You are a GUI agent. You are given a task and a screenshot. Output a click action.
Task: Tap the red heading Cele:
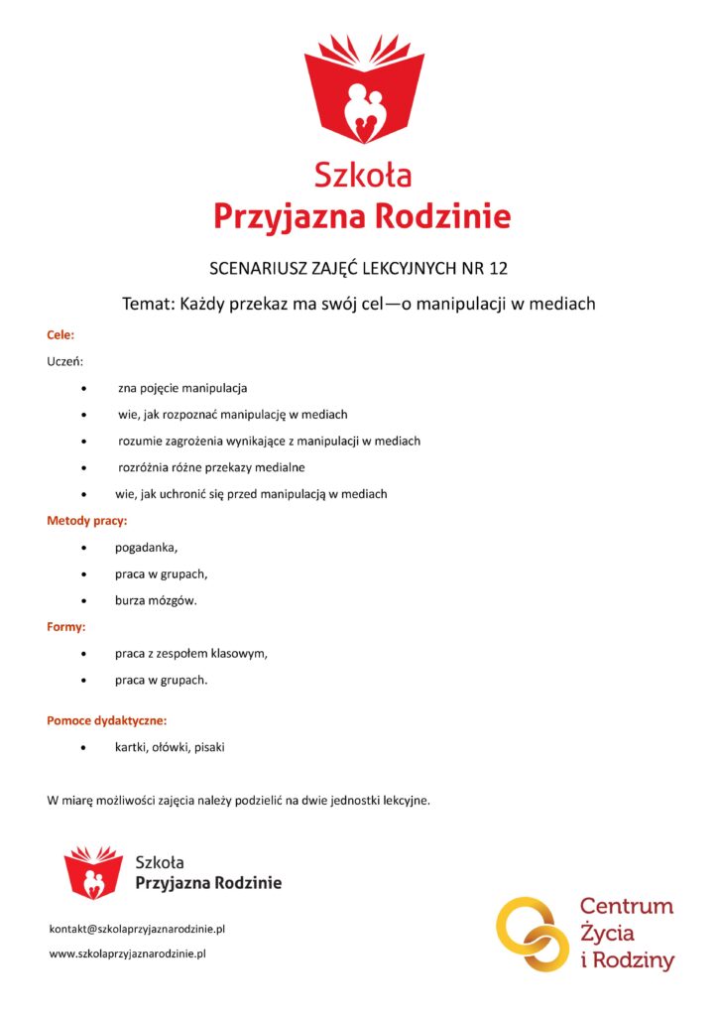click(x=60, y=336)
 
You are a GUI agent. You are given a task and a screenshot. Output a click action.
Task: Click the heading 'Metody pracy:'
click(x=87, y=520)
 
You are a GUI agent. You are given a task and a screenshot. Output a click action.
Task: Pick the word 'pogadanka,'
click(x=147, y=547)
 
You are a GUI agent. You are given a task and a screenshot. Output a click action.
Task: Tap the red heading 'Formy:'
click(x=66, y=627)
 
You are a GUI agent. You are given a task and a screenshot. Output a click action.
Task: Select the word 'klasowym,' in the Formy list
click(x=239, y=654)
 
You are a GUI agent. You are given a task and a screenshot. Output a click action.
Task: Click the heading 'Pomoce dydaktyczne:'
click(x=107, y=720)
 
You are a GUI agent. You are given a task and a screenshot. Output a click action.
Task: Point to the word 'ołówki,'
click(x=173, y=747)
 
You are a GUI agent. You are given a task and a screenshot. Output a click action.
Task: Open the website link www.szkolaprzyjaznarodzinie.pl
click(x=127, y=953)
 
